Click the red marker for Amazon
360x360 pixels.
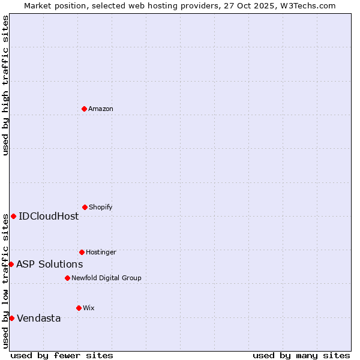click(84, 109)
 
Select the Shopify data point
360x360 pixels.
click(85, 207)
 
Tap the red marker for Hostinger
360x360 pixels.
click(82, 252)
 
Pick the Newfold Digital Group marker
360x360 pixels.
click(67, 278)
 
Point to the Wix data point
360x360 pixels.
click(79, 308)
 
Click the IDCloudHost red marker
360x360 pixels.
click(13, 216)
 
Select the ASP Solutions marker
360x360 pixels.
click(11, 264)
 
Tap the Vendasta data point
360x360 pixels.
click(11, 318)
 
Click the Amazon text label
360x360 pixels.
click(101, 109)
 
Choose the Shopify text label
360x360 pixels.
click(101, 207)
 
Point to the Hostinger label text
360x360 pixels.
click(101, 252)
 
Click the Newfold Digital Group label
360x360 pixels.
click(106, 278)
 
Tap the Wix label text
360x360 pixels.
click(89, 308)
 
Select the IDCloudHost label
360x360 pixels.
click(49, 216)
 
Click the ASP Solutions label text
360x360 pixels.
click(49, 264)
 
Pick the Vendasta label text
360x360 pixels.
click(38, 318)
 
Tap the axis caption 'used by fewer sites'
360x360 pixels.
click(62, 355)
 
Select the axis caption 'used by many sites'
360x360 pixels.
click(301, 355)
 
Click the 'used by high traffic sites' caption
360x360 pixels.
click(6, 85)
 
